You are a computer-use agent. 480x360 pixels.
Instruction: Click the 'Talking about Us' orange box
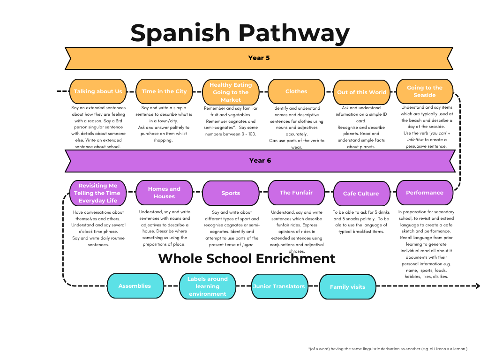[98, 91]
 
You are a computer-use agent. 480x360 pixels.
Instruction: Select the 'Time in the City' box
[164, 91]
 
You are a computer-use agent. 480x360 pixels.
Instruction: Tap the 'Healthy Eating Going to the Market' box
[231, 92]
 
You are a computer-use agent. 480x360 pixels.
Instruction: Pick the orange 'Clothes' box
[296, 91]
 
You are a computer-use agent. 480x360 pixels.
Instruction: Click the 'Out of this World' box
[362, 92]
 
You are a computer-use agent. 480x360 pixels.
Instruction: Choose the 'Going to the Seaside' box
[425, 91]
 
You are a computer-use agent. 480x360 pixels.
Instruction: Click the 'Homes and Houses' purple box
[164, 193]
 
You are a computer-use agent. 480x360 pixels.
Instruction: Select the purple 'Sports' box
[231, 193]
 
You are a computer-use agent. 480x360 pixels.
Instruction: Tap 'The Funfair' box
[296, 193]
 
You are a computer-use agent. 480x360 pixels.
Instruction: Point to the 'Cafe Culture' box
[361, 194]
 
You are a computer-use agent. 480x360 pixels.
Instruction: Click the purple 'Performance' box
[425, 193]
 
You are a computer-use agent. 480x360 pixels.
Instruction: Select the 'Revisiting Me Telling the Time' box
[99, 193]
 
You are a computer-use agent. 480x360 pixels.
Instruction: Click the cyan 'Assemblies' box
[135, 286]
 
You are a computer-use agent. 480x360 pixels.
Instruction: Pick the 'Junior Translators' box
[279, 286]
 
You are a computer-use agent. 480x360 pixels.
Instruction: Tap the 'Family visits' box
[347, 287]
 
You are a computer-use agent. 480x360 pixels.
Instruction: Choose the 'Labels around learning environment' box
[208, 286]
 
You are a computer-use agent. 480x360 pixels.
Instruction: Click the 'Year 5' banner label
[259, 58]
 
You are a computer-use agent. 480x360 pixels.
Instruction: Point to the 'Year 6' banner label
[260, 161]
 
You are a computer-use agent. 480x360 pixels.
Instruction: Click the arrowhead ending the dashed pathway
[477, 286]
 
